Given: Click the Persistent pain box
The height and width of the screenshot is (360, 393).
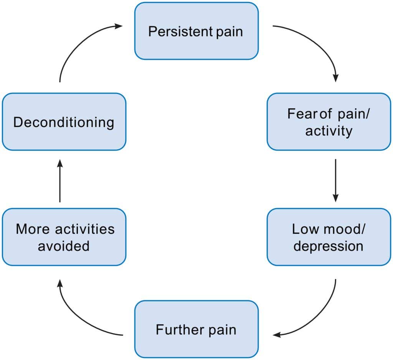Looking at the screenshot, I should pos(196,31).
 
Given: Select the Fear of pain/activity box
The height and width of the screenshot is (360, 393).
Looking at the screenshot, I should pos(329,122).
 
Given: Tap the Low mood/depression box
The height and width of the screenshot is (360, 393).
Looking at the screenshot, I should pos(329,237).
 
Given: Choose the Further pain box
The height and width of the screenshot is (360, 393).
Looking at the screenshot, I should pos(196,329).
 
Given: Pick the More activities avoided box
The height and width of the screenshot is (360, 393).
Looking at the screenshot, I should pos(64,237).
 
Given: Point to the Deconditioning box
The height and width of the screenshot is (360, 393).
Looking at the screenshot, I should pos(64,122).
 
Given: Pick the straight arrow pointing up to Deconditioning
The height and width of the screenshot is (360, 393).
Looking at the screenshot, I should pos(60,180).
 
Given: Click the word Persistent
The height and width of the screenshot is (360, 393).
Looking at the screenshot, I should pos(179,31).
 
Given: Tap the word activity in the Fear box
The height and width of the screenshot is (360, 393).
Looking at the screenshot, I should pos(329,131).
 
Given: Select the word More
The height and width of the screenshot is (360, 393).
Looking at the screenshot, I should pos(33,229).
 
